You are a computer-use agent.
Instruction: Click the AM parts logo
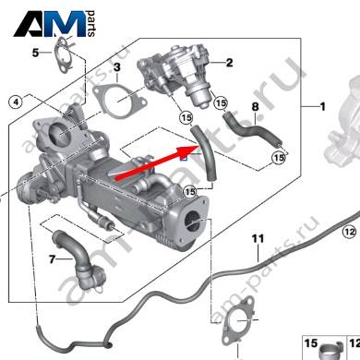[54, 24]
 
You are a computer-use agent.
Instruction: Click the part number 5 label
[36, 53]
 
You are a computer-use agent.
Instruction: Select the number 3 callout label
[117, 67]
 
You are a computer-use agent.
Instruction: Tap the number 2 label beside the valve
[229, 63]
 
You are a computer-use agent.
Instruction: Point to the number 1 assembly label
[322, 107]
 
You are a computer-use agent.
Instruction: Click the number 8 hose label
[255, 107]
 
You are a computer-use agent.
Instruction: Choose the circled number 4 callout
[16, 102]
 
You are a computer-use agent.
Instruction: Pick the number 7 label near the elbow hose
[52, 259]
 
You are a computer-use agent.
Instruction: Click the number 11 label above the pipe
[258, 238]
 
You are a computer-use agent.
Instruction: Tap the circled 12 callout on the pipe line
[349, 232]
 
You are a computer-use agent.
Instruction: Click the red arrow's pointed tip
[200, 146]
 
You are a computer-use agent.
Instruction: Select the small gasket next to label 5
[64, 55]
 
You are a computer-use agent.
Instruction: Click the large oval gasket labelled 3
[118, 101]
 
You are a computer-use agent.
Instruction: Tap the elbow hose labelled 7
[79, 260]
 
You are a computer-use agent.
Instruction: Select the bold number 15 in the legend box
[311, 343]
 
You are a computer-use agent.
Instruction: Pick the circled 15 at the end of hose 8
[279, 158]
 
